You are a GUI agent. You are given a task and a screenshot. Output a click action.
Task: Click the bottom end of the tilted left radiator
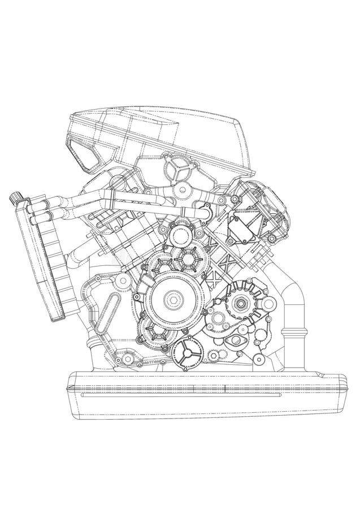click(x=59, y=317)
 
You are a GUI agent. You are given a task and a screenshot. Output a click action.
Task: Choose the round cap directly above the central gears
click(x=180, y=234)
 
